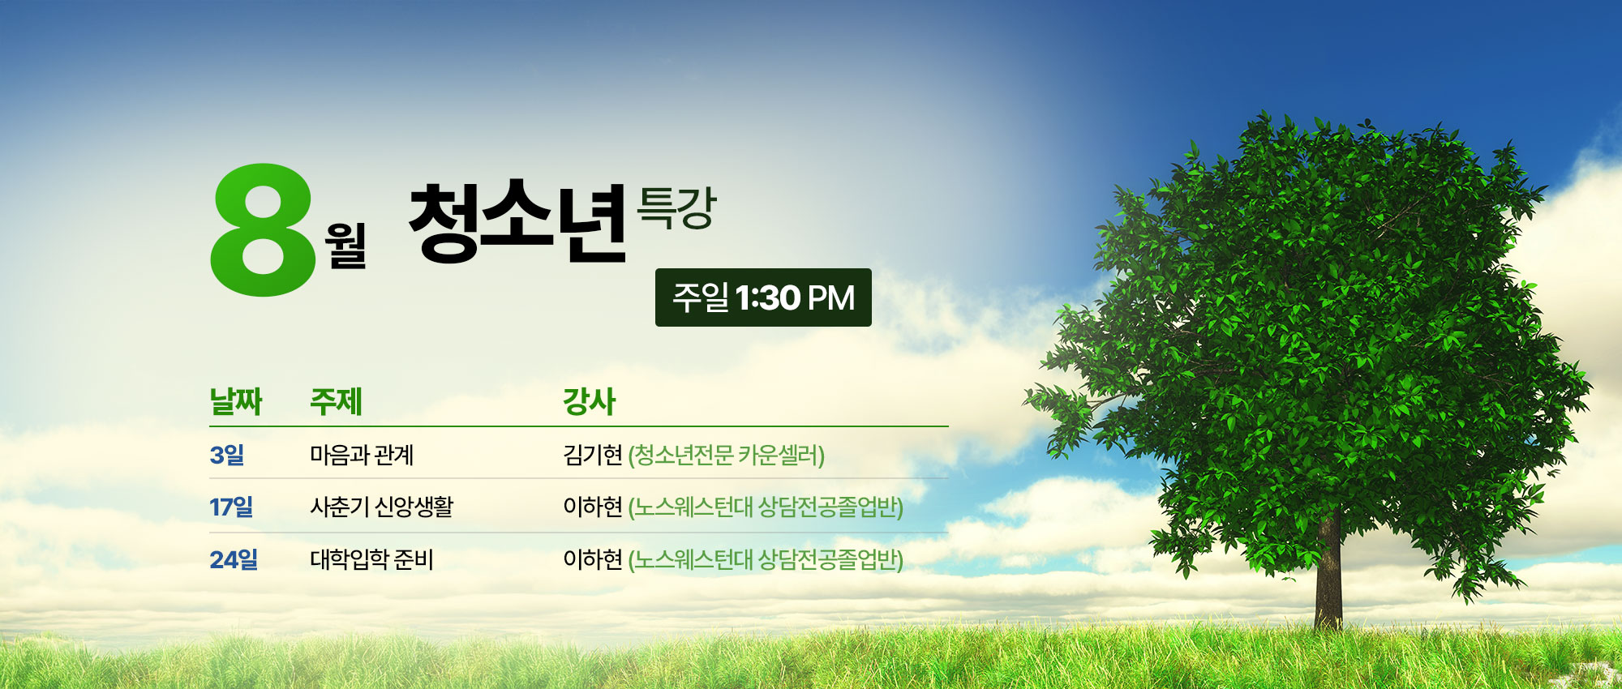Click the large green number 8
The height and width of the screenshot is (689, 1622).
pyautogui.click(x=263, y=229)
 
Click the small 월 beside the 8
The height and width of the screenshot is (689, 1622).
pyautogui.click(x=345, y=245)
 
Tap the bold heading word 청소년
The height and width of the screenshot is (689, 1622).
pyautogui.click(x=518, y=221)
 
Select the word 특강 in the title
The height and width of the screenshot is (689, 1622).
pyautogui.click(x=676, y=208)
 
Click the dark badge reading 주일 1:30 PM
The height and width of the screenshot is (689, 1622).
pyautogui.click(x=763, y=297)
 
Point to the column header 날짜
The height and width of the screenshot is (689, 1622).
pyautogui.click(x=236, y=401)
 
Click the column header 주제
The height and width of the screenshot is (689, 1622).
pyautogui.click(x=336, y=401)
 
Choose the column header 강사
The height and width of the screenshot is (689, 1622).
pyautogui.click(x=590, y=401)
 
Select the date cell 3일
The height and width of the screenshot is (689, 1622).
pyautogui.click(x=227, y=455)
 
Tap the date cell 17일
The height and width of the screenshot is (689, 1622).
pyautogui.click(x=232, y=507)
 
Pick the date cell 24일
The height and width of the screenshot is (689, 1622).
pyautogui.click(x=234, y=559)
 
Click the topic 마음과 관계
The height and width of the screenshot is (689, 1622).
pyautogui.click(x=362, y=455)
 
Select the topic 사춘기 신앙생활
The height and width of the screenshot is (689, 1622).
pyautogui.click(x=382, y=507)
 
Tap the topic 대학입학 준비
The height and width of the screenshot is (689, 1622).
pyautogui.click(x=372, y=559)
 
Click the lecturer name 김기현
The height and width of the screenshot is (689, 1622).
pyautogui.click(x=593, y=455)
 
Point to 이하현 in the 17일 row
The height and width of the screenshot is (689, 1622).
pyautogui.click(x=593, y=507)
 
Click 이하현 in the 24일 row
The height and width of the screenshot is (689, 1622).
pyautogui.click(x=593, y=559)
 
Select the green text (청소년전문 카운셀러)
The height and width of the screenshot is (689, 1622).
pyautogui.click(x=727, y=456)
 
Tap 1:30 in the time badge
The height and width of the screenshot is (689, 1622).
pyautogui.click(x=768, y=298)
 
